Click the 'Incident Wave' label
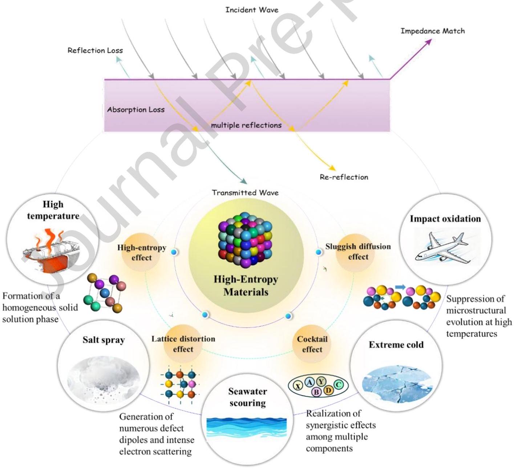click(x=252, y=10)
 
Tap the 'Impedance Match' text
click(x=432, y=31)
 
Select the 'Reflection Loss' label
click(x=95, y=51)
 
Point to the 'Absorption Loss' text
click(x=136, y=109)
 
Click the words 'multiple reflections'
click(x=246, y=125)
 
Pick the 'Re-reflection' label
click(x=344, y=177)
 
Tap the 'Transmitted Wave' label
click(x=245, y=193)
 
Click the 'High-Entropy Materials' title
click(x=246, y=285)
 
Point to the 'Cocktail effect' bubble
click(x=312, y=344)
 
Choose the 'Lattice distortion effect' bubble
click(x=183, y=344)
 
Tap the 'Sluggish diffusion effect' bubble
click(x=358, y=252)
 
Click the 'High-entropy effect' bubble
click(x=142, y=252)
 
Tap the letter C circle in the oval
click(x=338, y=385)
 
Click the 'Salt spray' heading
click(x=104, y=340)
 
